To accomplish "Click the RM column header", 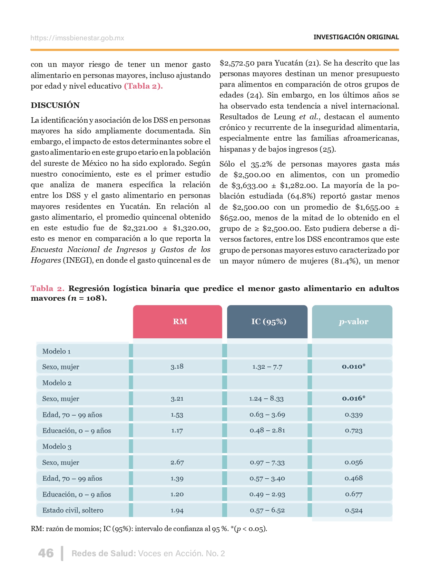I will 180,321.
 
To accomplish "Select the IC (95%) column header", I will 268,321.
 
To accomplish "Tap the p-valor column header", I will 353,322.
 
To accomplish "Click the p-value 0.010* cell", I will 353,366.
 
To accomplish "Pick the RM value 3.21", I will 177,399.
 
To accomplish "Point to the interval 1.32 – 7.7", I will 267,367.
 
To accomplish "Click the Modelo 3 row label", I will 57,447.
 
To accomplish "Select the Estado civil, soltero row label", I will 73,510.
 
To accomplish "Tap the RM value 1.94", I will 177,510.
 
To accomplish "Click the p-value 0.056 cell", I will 353,462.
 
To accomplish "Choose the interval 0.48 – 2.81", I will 267,430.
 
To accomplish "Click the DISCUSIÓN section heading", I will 55,105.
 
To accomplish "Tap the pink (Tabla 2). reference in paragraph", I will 143,86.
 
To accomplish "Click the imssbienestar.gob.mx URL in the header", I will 77,38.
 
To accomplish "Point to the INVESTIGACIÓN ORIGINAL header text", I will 356,37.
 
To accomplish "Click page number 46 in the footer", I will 46,553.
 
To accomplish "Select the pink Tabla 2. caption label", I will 47,288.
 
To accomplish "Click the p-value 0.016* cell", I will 353,398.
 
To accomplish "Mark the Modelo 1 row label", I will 57,351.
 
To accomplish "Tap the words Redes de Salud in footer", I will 103,553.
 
